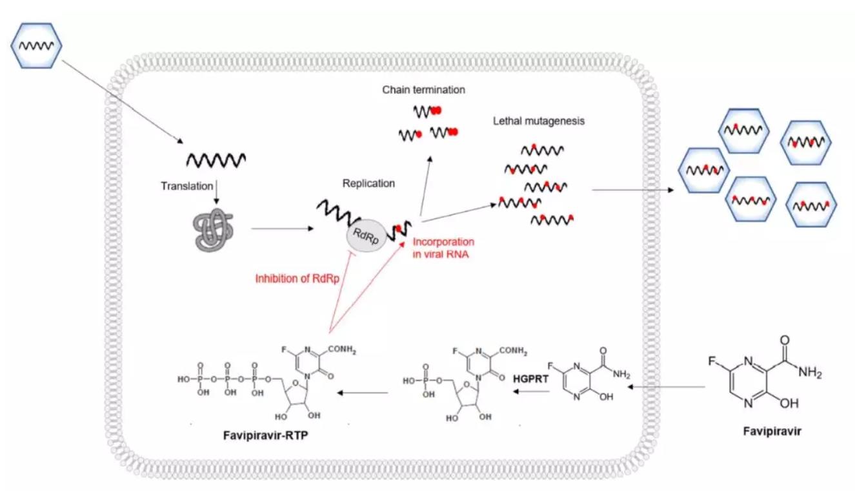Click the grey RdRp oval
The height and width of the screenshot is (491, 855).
(367, 236)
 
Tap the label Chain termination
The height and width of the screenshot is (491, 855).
(424, 90)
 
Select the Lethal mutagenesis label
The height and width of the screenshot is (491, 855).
(539, 121)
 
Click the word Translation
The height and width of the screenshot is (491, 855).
(186, 186)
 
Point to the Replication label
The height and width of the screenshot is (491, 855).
(368, 183)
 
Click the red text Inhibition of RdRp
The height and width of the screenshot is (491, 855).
(297, 278)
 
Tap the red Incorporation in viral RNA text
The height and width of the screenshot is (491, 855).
(443, 248)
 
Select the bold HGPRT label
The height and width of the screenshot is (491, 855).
(530, 379)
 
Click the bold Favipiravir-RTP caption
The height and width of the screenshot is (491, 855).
(265, 435)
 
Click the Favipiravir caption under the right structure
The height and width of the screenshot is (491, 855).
(772, 432)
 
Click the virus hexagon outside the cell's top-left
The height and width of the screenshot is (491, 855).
(36, 45)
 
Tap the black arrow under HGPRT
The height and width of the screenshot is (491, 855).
(532, 392)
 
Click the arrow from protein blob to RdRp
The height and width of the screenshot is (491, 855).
(282, 229)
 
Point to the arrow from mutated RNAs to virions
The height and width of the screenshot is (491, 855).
(633, 190)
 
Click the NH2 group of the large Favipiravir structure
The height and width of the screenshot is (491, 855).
(809, 372)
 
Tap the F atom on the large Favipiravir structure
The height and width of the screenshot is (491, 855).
(712, 361)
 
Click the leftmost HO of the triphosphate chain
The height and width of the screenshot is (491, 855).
(184, 379)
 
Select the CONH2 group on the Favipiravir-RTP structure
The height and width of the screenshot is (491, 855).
(341, 350)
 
